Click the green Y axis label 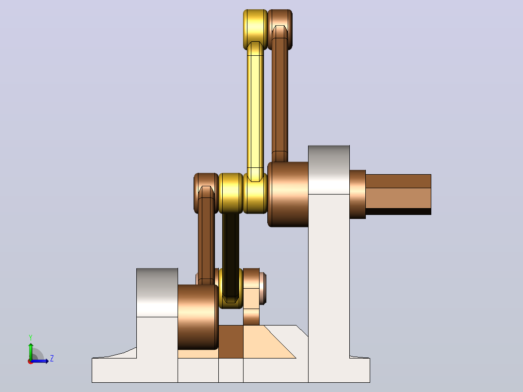[x=31, y=338]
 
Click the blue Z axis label [x=52, y=359]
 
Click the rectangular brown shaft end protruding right [x=398, y=195]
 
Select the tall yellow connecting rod [x=255, y=112]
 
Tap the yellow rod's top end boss [x=255, y=30]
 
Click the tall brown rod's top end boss [x=280, y=30]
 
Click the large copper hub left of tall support [x=288, y=194]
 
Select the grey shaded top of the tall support [x=329, y=170]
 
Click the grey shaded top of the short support [x=157, y=293]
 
